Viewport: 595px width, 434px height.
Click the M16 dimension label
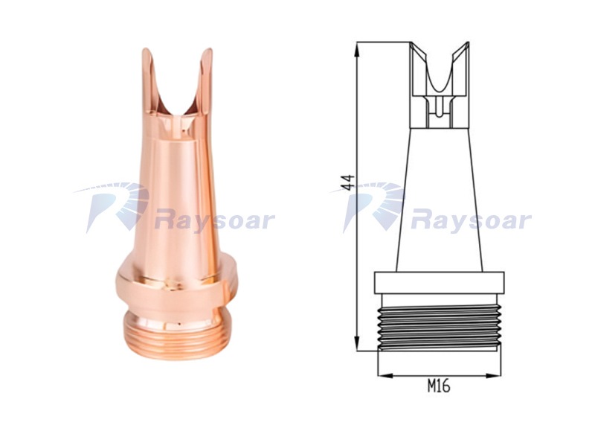[x=439, y=386]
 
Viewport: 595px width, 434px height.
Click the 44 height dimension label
[x=348, y=182]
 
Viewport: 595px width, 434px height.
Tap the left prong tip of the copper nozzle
[x=146, y=50]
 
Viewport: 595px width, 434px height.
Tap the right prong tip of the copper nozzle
[x=208, y=50]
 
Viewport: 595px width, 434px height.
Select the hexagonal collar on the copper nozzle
[x=174, y=287]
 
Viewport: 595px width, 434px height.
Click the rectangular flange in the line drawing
[x=439, y=283]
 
